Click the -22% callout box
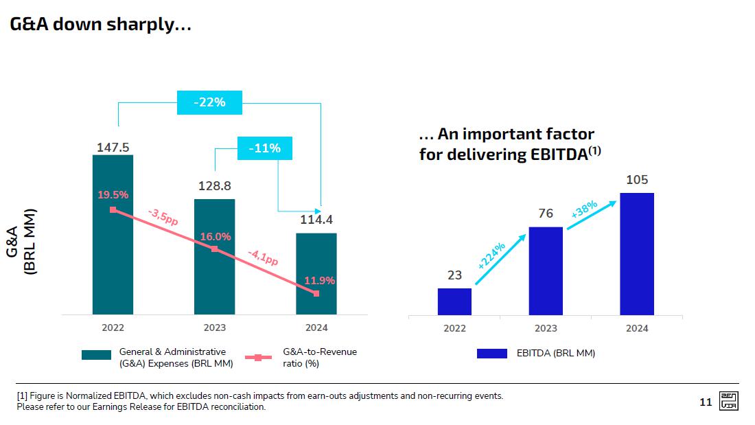point(209,102)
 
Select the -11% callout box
point(264,148)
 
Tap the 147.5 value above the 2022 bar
point(113,147)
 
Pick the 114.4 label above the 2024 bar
point(316,220)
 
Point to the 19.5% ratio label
point(113,195)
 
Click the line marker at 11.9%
point(316,294)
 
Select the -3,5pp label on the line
point(163,217)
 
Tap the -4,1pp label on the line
point(263,257)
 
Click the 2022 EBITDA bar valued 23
point(454,301)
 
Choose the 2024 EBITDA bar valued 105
point(636,253)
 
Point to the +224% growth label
point(491,255)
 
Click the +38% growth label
point(584,209)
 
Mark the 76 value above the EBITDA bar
point(546,214)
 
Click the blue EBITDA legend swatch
point(491,354)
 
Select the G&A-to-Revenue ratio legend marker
point(258,357)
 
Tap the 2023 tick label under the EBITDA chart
point(546,328)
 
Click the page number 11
point(706,402)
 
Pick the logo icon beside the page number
point(728,402)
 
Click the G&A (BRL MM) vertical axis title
point(22,242)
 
